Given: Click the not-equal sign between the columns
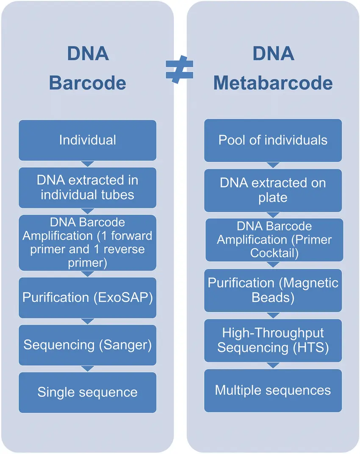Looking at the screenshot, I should coord(179,70).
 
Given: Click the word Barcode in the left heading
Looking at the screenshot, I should coord(87,83).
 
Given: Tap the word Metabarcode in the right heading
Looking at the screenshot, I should coord(273,83).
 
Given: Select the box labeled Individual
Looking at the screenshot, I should coord(87,140).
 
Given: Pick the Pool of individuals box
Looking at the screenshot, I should coord(273,140).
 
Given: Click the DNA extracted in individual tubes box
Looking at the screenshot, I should coord(87,187).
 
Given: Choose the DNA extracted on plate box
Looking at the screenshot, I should coord(273,190).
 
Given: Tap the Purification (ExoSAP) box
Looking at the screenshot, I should coord(87,297).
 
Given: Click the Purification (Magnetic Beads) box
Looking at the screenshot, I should coord(273,290).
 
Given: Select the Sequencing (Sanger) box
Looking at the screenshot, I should coord(87,345).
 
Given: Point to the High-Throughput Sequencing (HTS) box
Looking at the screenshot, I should coord(273,340).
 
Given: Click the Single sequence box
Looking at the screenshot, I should coord(87,392).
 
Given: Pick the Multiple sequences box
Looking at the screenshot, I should coord(273,390).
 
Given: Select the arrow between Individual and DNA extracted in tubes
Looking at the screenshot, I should coord(87,164).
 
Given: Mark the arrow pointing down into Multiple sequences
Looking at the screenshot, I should coord(273,365).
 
